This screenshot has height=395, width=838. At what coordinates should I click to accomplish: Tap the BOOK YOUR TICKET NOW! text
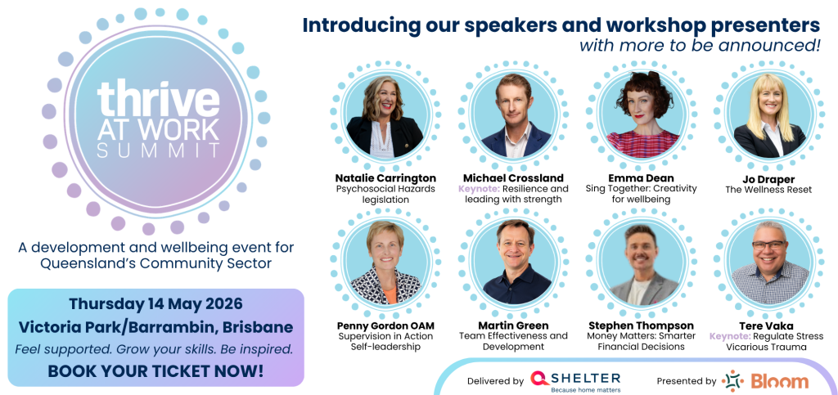click(155, 370)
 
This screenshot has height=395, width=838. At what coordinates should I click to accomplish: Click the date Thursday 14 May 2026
click(155, 303)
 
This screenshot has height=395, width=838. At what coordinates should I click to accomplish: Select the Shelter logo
click(575, 380)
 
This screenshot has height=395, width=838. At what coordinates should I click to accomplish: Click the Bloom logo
click(765, 381)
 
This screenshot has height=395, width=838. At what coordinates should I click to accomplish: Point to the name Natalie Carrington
click(385, 177)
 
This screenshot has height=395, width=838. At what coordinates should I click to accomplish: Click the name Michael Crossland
click(513, 177)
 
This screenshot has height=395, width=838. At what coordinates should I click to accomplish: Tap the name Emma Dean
click(642, 177)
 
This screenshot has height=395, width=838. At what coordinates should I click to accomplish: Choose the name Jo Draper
click(769, 177)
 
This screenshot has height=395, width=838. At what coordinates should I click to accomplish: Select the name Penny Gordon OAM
click(385, 325)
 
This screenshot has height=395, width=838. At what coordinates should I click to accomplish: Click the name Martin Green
click(513, 325)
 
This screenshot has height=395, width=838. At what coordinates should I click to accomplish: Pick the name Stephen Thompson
click(641, 325)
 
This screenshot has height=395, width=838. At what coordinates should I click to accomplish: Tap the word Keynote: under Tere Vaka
click(730, 336)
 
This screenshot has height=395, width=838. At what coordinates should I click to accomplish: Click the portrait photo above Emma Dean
click(642, 114)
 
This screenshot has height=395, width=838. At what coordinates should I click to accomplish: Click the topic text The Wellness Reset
click(769, 189)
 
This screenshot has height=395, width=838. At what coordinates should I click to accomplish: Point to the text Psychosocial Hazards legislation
click(385, 194)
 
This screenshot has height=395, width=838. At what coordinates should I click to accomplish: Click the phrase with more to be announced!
click(700, 45)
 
